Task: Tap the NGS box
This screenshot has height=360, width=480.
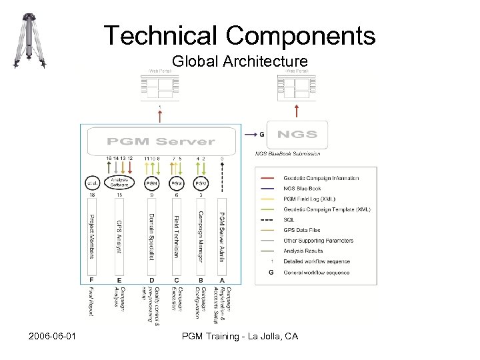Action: point(297,134)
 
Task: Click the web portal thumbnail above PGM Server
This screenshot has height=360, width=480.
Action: point(159,85)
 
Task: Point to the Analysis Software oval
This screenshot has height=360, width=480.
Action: point(119,182)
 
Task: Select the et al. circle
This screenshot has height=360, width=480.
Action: point(91,183)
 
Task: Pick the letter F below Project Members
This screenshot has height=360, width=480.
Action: point(91,280)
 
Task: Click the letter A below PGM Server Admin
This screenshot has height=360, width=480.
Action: point(222,280)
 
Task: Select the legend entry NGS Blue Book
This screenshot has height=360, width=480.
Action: point(302,189)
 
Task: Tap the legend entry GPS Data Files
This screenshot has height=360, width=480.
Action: point(301,230)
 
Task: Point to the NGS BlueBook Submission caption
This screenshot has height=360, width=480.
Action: point(288,153)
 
